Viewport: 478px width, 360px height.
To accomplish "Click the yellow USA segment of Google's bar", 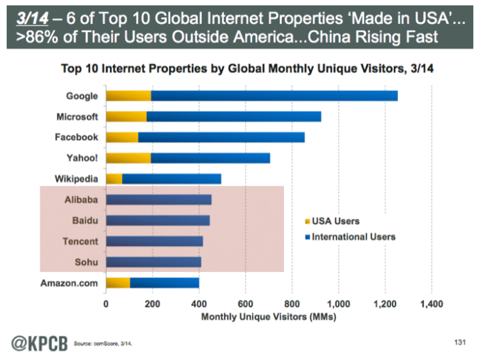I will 128,96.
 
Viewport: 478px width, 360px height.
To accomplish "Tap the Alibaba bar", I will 158,200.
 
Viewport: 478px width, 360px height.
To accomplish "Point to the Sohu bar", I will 154,262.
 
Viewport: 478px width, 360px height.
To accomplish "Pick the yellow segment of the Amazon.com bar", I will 118,282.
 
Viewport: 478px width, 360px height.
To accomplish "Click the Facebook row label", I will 77,137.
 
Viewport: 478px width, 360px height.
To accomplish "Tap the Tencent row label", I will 81,241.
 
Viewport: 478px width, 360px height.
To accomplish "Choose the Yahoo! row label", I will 81,158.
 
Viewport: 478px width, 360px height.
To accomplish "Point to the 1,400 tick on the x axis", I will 432,304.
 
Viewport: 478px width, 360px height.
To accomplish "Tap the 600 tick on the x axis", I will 246,304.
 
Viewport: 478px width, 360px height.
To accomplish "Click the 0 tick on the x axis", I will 106,304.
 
